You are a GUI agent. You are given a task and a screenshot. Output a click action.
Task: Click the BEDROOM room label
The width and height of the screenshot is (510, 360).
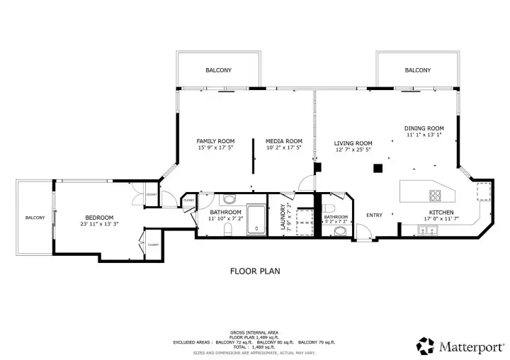[x=99, y=218]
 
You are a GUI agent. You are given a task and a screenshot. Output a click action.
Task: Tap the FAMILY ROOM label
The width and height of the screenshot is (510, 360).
[x=215, y=141]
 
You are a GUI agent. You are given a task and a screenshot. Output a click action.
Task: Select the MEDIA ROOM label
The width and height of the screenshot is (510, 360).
[x=283, y=141]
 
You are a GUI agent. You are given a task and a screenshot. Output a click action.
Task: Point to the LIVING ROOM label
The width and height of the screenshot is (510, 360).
[x=353, y=143]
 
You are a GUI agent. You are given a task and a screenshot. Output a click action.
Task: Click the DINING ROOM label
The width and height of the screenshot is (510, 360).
[x=424, y=128]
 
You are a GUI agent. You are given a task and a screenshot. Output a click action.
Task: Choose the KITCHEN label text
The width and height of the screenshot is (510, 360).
[x=441, y=212]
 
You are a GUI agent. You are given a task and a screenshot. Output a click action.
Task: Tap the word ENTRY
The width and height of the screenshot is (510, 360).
[x=374, y=215]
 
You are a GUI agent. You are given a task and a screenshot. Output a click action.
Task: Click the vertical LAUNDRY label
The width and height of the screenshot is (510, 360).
[x=283, y=214]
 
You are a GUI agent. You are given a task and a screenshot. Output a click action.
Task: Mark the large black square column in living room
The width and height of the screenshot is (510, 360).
[x=378, y=168]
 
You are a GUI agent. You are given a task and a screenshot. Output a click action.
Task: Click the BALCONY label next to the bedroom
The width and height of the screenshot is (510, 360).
[x=35, y=218]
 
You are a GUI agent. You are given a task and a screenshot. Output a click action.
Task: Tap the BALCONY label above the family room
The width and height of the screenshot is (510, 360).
[x=218, y=70]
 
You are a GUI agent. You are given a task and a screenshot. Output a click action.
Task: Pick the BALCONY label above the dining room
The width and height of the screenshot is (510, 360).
[x=417, y=70]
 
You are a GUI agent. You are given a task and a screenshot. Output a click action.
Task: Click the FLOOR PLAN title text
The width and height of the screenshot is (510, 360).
[x=255, y=271]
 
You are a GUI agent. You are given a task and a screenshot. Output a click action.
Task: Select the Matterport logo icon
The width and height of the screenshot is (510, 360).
[x=425, y=345]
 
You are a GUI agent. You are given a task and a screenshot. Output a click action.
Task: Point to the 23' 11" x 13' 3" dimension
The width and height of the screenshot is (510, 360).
[x=99, y=224]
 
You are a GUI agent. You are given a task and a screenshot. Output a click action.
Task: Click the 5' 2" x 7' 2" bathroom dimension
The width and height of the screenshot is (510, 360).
[x=336, y=222]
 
